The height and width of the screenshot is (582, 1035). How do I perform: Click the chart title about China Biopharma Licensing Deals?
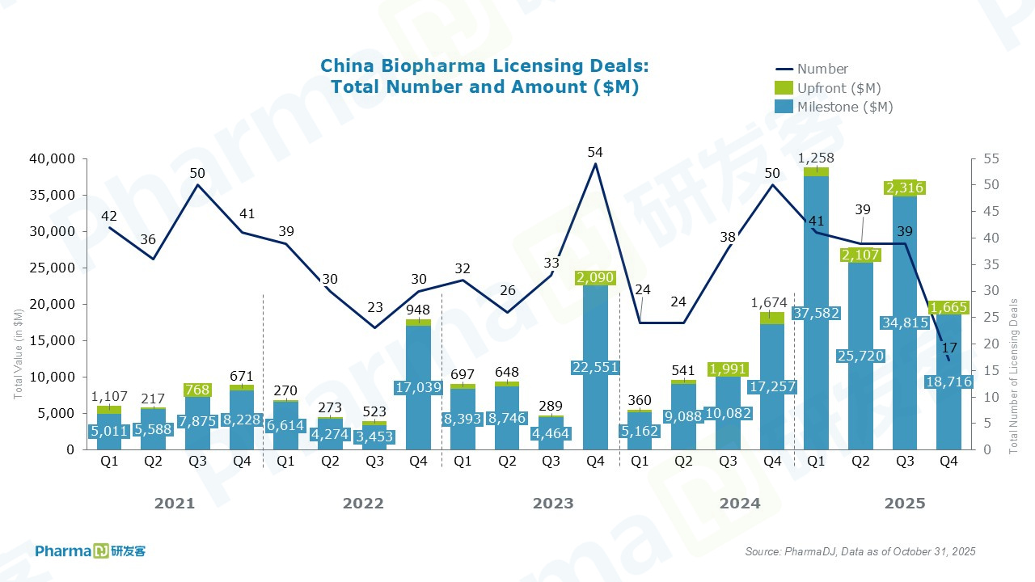[x=484, y=76]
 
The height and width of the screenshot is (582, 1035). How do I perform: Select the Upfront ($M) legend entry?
[x=839, y=88]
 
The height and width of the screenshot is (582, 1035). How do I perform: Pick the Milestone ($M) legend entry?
[x=845, y=107]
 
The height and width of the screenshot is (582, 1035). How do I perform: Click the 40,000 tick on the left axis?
[x=53, y=159]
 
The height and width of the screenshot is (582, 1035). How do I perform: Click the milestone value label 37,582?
[x=817, y=313]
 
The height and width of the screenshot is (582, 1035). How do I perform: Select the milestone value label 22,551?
[x=595, y=367]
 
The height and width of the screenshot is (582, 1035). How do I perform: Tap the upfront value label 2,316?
[x=905, y=188]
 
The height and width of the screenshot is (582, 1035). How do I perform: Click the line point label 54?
[x=596, y=152]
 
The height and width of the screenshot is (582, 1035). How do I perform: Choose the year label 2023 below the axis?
[x=553, y=504]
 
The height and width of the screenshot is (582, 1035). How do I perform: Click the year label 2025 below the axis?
[x=905, y=504]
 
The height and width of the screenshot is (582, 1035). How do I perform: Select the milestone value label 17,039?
[x=418, y=387]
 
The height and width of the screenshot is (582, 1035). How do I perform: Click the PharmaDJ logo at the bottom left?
[x=91, y=551]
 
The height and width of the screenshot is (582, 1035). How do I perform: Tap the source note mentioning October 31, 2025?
[x=860, y=551]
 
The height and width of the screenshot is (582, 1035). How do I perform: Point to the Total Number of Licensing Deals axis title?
[x=1015, y=376]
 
